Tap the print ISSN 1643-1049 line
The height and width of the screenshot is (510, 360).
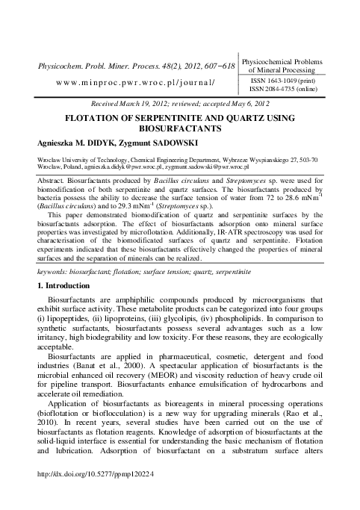[297, 79]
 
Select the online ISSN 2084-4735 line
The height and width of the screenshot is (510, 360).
[297, 89]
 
